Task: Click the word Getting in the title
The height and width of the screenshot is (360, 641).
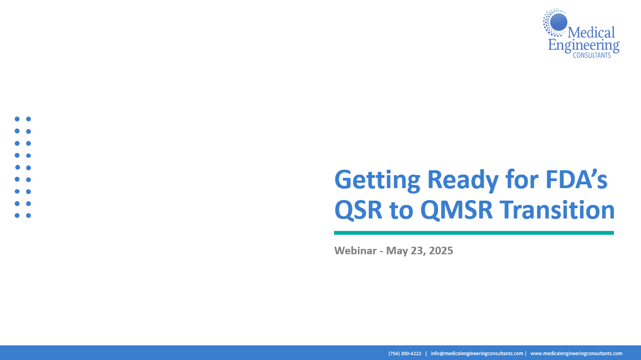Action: (x=377, y=180)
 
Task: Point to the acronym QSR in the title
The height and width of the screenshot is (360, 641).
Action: (x=358, y=210)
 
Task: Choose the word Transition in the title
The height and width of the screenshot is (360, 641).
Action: (x=557, y=209)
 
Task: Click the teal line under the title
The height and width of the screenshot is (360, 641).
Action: (x=474, y=233)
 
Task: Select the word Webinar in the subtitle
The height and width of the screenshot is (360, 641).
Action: (x=355, y=250)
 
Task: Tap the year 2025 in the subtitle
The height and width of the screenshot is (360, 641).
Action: (x=441, y=250)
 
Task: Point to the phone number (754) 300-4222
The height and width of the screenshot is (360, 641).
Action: (x=405, y=353)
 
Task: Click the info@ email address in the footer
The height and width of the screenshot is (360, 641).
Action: (x=477, y=353)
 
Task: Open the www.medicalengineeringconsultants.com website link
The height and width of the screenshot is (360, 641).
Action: (x=576, y=353)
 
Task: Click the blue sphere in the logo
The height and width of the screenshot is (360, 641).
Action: (x=559, y=22)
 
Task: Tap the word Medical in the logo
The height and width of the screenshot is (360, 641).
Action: (x=591, y=33)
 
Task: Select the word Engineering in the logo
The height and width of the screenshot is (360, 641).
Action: (x=584, y=46)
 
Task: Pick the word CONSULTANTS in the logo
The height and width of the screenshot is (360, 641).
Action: (x=592, y=55)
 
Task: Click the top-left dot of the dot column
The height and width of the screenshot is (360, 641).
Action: (x=17, y=119)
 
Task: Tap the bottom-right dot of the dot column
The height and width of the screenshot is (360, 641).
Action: (x=29, y=215)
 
